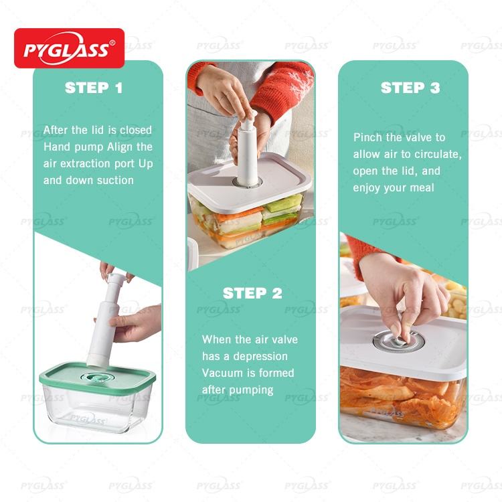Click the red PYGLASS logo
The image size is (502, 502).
coord(69,48)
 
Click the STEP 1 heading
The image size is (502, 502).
coord(94,88)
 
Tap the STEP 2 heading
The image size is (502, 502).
coord(252,293)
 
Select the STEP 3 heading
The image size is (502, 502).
coord(410,88)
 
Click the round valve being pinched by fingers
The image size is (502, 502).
coord(399,340)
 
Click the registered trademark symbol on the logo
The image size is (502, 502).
coord(112,43)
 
